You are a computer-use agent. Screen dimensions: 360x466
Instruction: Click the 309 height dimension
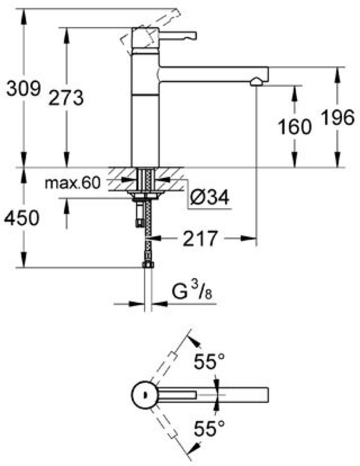(23, 88)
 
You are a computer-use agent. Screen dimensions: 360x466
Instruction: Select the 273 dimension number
(66, 98)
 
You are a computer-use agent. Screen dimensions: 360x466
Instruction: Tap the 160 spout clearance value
(294, 127)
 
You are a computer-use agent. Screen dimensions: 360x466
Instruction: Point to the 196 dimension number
(338, 117)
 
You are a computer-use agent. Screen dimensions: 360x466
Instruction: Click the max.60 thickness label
(73, 183)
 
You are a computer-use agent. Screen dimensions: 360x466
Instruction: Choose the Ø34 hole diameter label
(209, 197)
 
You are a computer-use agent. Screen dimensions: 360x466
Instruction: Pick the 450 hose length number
(22, 218)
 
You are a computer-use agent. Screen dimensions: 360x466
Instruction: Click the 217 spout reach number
(200, 238)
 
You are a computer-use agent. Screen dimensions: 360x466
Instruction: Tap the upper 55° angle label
(209, 362)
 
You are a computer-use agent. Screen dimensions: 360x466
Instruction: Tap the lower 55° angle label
(209, 428)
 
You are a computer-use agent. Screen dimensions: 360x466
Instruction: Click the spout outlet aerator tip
(256, 82)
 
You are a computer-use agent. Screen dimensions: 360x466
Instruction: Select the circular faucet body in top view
(145, 395)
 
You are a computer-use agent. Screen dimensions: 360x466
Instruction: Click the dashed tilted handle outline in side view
(150, 31)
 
